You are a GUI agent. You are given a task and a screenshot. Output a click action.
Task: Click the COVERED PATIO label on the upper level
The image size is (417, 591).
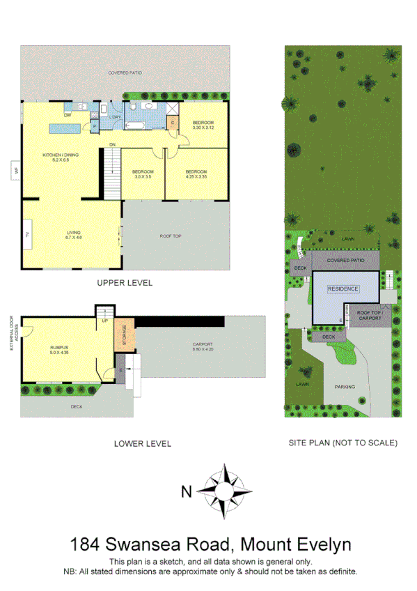(125, 72)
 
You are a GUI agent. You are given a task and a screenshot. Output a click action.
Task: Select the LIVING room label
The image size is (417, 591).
(74, 235)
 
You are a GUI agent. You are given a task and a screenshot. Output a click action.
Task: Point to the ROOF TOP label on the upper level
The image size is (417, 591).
(171, 236)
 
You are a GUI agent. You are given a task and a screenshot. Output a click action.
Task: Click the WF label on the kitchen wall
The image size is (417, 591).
(14, 170)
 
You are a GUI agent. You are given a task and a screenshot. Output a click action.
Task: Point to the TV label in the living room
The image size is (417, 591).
(28, 235)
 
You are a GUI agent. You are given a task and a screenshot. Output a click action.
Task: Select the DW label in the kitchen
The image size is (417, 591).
(68, 114)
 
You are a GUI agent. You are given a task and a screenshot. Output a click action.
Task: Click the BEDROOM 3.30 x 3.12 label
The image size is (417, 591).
(203, 125)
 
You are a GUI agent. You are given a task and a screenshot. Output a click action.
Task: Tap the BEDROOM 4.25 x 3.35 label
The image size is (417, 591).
(196, 174)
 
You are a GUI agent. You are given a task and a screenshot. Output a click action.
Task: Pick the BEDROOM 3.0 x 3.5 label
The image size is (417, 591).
(143, 174)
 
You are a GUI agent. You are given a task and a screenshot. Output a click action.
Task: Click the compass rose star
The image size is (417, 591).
(224, 491)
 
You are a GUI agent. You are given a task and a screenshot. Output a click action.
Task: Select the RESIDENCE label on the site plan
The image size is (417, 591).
(343, 289)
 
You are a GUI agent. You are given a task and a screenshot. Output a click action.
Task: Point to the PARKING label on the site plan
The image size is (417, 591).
(345, 386)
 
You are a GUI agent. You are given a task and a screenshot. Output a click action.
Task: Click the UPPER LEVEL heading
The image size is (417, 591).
(125, 283)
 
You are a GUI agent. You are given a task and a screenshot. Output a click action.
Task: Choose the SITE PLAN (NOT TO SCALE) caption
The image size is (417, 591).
(343, 443)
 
